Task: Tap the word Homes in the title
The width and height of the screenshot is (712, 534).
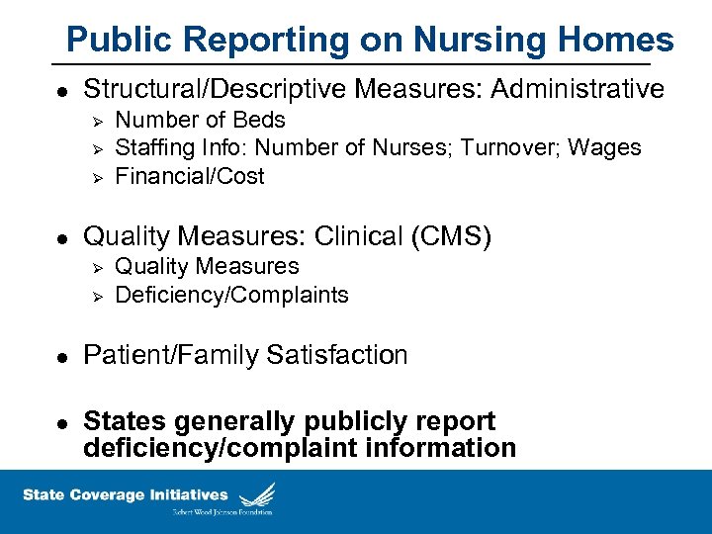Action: pyautogui.click(x=612, y=41)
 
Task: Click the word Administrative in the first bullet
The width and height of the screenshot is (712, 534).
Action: pyautogui.click(x=578, y=90)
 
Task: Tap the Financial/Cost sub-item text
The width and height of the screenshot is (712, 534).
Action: pyautogui.click(x=190, y=176)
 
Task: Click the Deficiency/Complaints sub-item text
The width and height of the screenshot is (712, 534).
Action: pyautogui.click(x=231, y=295)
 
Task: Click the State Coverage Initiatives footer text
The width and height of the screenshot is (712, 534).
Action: pyautogui.click(x=126, y=494)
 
